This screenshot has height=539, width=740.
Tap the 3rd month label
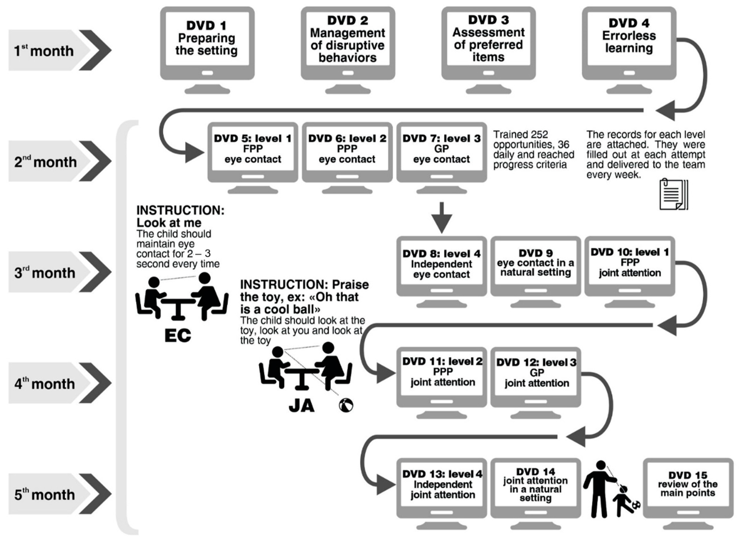45,272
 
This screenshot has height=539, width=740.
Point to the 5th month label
45,494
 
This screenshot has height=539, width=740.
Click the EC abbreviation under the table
178,335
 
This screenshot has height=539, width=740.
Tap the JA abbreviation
301,406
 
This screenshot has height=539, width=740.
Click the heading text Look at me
169,223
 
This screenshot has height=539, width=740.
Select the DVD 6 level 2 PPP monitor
347,158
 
